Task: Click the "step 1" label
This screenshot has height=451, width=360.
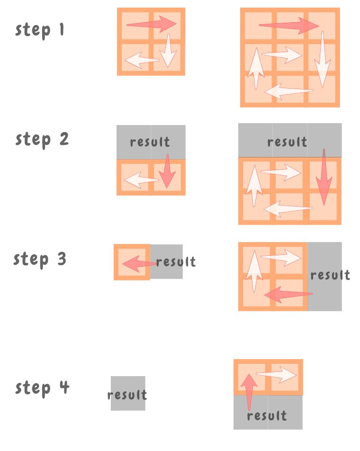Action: coord(39,30)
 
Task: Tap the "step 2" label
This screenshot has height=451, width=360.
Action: coord(42,140)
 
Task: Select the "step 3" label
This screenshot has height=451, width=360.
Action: coord(40,260)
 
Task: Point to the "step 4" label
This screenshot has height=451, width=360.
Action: coord(42,388)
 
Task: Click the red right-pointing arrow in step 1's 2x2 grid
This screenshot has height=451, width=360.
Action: coord(152,24)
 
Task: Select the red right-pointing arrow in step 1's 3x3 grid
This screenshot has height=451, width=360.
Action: coord(289,26)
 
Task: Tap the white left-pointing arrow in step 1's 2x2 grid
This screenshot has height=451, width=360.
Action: coord(142,60)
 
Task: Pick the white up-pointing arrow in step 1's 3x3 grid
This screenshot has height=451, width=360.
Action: coord(256,68)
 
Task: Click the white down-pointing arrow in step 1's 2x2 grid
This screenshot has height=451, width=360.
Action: coord(168,50)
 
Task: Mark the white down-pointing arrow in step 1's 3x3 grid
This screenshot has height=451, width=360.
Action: coord(323,59)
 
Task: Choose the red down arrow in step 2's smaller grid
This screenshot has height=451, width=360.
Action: coord(167,171)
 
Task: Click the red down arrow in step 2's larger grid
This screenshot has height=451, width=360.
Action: coord(324,177)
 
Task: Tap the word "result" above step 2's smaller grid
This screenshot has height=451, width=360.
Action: coord(150,142)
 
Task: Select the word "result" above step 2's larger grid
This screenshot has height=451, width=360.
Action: coord(287,142)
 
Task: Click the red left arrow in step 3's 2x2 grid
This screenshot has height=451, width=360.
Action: coord(288,294)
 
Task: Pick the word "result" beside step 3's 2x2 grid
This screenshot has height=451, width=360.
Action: coord(330,275)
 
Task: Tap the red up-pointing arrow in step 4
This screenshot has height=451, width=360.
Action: coord(249,392)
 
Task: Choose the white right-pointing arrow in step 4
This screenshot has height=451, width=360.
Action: coord(276,374)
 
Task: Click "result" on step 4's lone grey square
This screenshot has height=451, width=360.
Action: coord(127,395)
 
